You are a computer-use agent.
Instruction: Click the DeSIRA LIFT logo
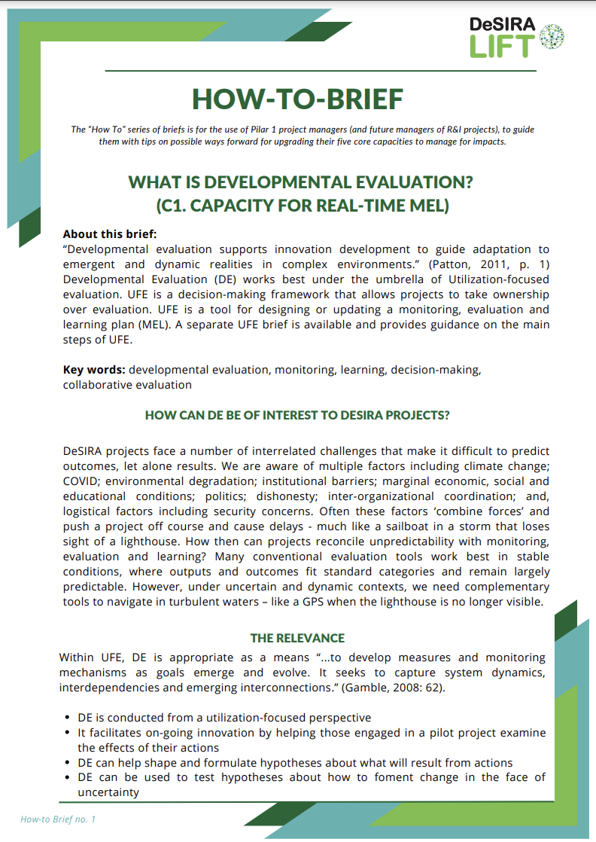tap(515, 37)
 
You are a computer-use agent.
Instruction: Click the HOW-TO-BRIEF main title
tap(297, 99)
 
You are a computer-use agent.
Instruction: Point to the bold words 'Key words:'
tap(94, 370)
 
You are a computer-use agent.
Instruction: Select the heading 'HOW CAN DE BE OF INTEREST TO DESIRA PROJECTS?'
tap(297, 415)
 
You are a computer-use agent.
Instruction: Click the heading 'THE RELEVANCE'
tap(297, 638)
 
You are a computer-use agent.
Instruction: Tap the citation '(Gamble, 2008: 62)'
tap(403, 687)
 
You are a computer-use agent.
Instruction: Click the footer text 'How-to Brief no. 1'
tap(58, 819)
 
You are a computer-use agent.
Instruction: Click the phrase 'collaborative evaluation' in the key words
tap(127, 385)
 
